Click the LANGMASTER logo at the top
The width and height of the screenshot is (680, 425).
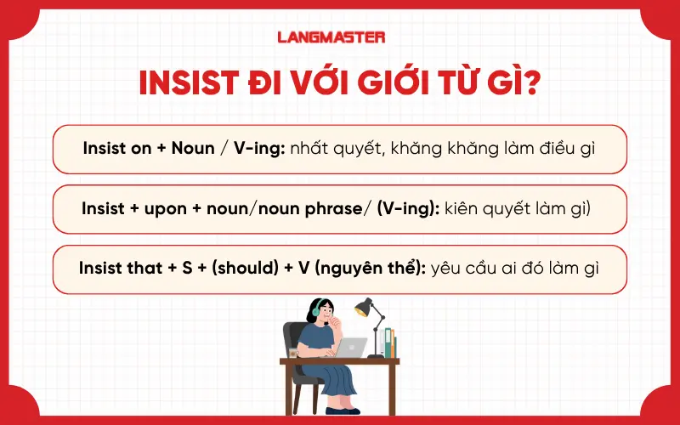[331, 37]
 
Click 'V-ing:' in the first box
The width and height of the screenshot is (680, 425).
[257, 149]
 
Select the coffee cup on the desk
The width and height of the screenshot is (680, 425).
[293, 351]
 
